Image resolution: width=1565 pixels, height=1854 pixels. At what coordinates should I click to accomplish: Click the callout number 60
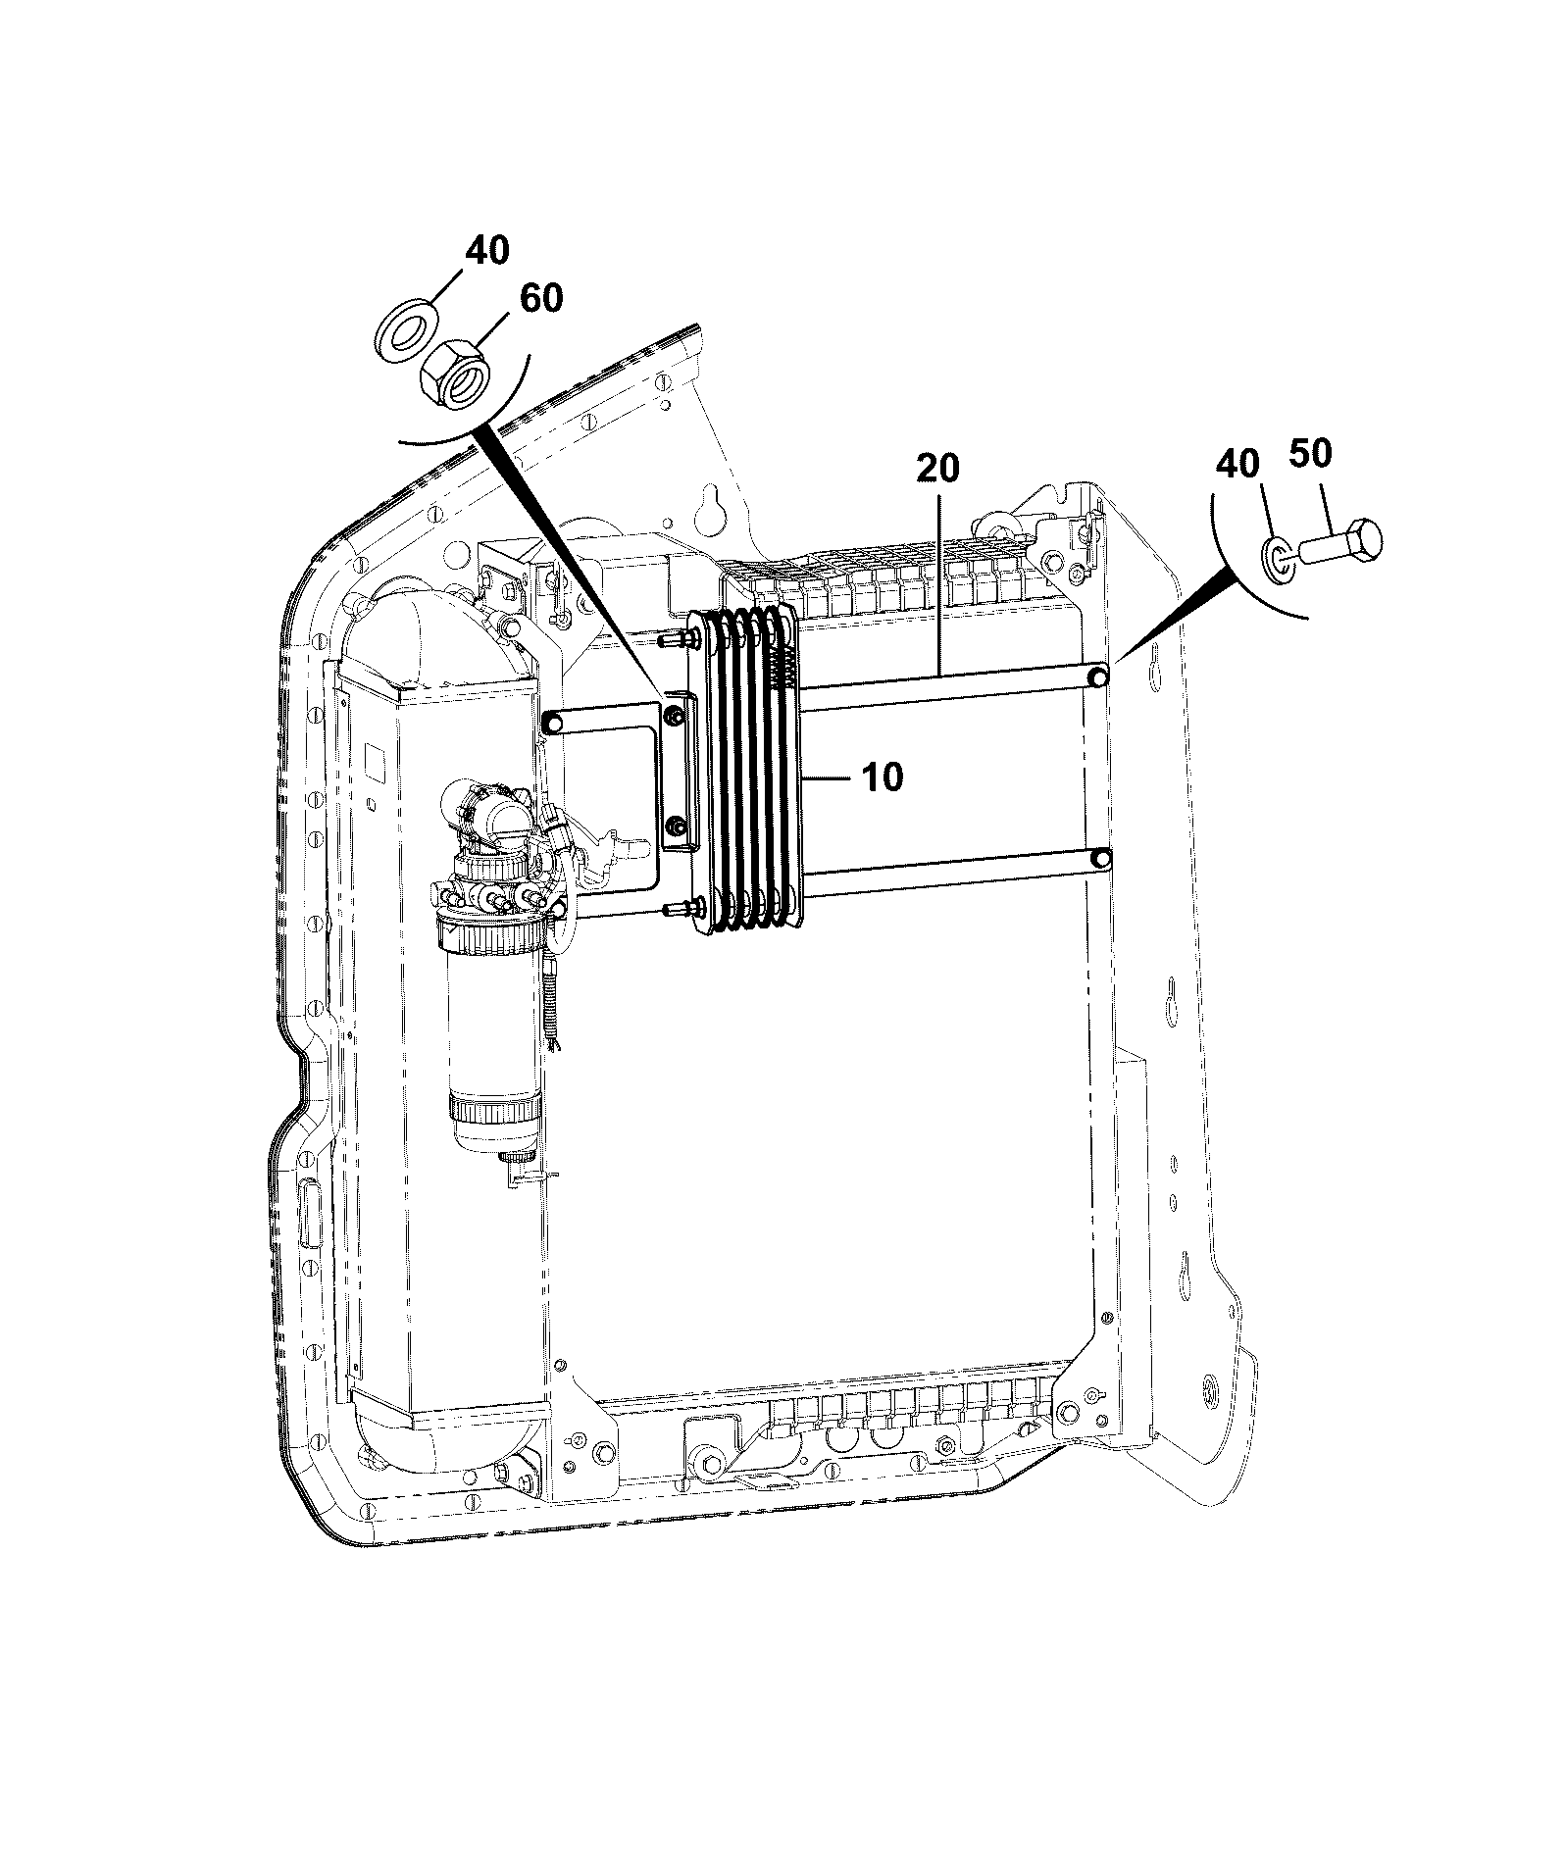point(540,297)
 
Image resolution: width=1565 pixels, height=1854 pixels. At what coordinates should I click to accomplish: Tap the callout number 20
point(938,468)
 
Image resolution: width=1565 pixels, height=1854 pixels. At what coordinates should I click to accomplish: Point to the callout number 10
point(882,777)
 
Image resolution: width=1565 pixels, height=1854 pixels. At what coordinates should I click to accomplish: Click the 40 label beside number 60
point(487,250)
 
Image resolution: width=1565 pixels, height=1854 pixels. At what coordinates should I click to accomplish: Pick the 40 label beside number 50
point(1238,463)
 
